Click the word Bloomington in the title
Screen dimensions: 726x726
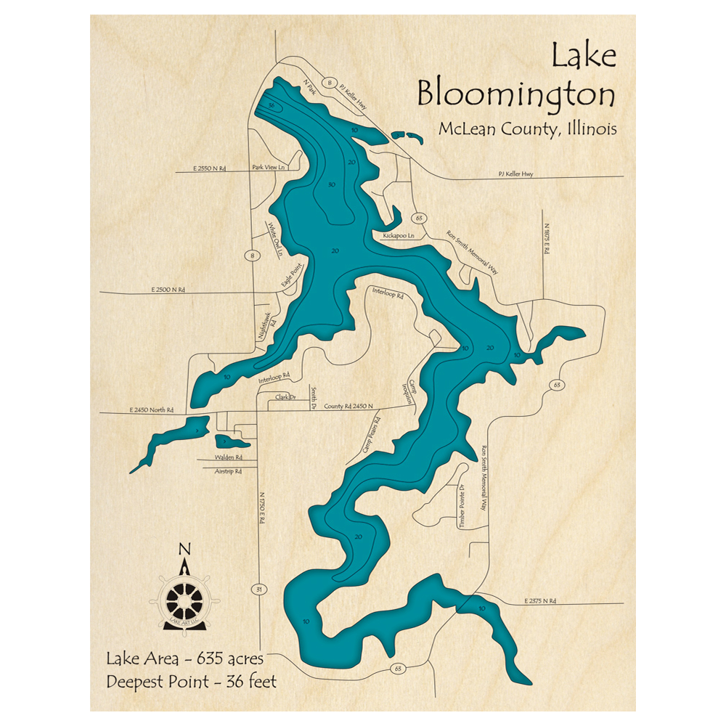point(516,95)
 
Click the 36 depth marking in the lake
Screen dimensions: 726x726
point(271,106)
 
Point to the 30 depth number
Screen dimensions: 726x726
point(331,185)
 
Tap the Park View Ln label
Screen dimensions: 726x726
point(266,167)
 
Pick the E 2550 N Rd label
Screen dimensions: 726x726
point(210,168)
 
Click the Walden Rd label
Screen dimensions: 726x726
point(228,458)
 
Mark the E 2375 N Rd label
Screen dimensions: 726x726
point(539,601)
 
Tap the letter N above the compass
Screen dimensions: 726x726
point(185,550)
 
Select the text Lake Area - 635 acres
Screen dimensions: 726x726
point(184,659)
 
